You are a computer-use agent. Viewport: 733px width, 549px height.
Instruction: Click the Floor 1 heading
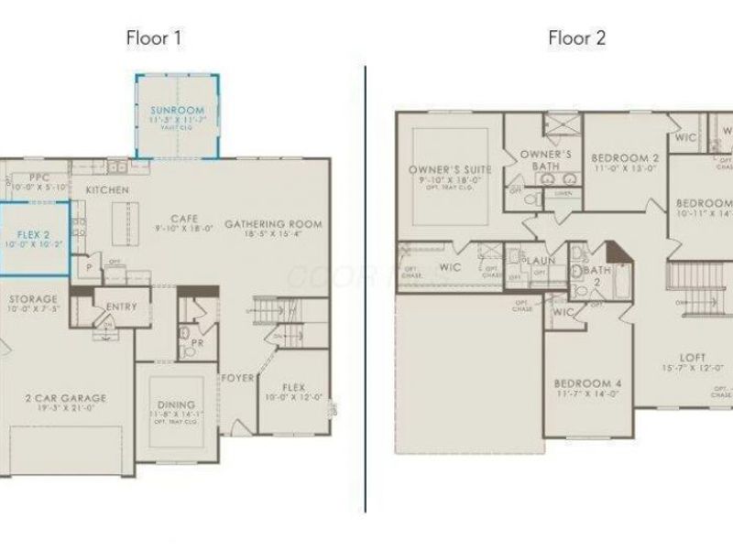[154, 38]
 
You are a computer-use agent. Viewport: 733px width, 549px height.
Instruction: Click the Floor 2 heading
[576, 38]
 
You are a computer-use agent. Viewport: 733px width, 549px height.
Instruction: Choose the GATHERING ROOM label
[273, 224]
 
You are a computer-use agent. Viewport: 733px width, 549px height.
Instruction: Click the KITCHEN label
[107, 189]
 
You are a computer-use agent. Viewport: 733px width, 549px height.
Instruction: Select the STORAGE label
[33, 299]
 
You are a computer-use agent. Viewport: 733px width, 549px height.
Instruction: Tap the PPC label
[38, 178]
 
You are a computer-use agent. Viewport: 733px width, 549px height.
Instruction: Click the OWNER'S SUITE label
[449, 170]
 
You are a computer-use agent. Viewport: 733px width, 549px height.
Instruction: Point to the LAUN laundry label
[537, 261]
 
